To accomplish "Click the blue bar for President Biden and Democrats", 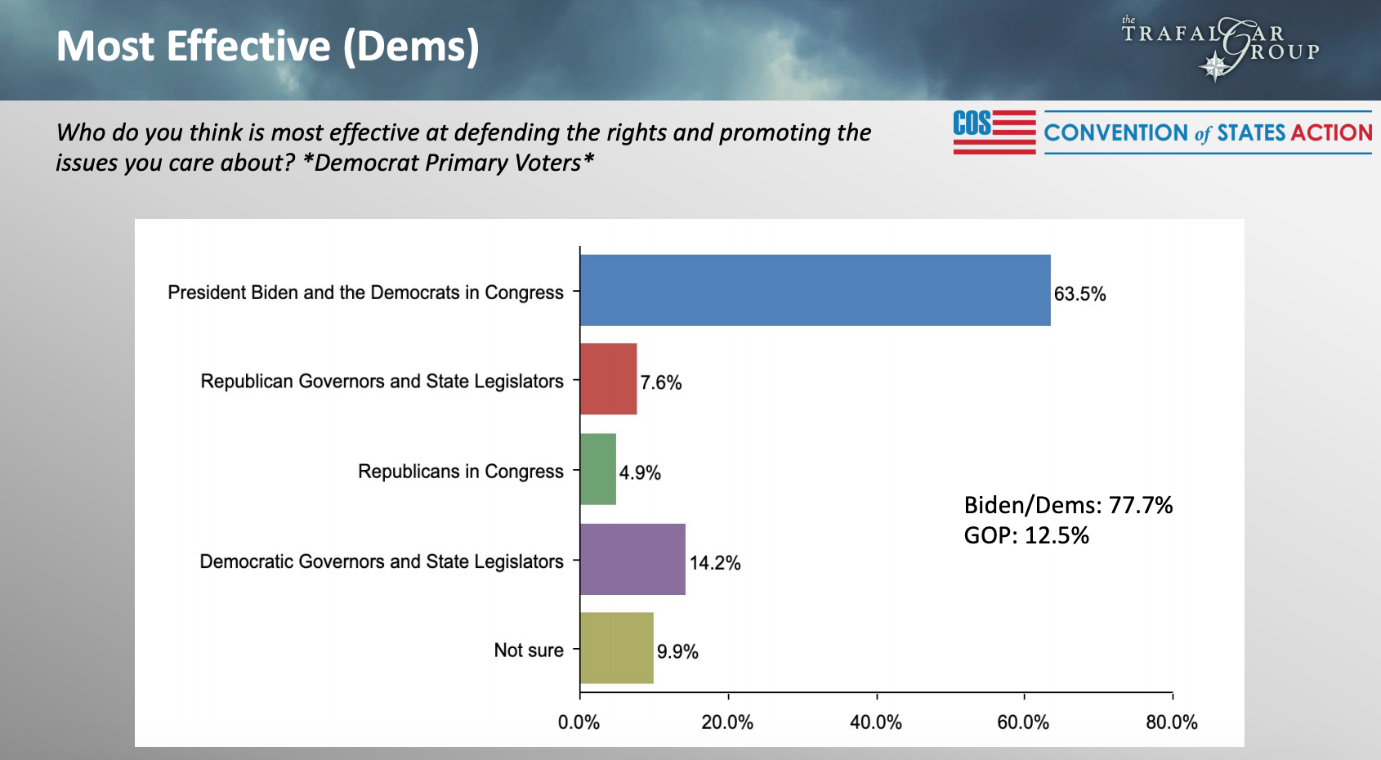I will pos(815,290).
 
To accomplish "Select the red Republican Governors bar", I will pos(608,379).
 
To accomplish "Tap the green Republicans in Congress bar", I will pos(597,469).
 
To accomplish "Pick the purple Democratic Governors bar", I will pos(632,559).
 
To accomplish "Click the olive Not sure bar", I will pos(616,648).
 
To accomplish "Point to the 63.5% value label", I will pos(1079,294).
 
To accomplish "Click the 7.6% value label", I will pos(660,382).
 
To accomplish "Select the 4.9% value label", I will pos(640,472).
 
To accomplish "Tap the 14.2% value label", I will pos(715,563).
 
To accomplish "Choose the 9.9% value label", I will pos(677,652).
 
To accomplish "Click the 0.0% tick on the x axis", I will pos(579,722).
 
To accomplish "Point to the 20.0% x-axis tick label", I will pos(727,722).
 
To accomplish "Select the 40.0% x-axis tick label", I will pos(876,722).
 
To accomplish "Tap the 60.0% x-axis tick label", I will pos(1023,722).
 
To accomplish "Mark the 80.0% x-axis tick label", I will pos(1172,722).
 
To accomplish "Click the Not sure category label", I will pos(529,650).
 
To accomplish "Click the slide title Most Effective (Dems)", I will pos(267,47).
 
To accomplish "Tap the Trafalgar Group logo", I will pos(1220,47).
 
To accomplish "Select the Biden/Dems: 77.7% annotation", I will pos(1068,505).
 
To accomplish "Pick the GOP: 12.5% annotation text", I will pos(1026,536).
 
